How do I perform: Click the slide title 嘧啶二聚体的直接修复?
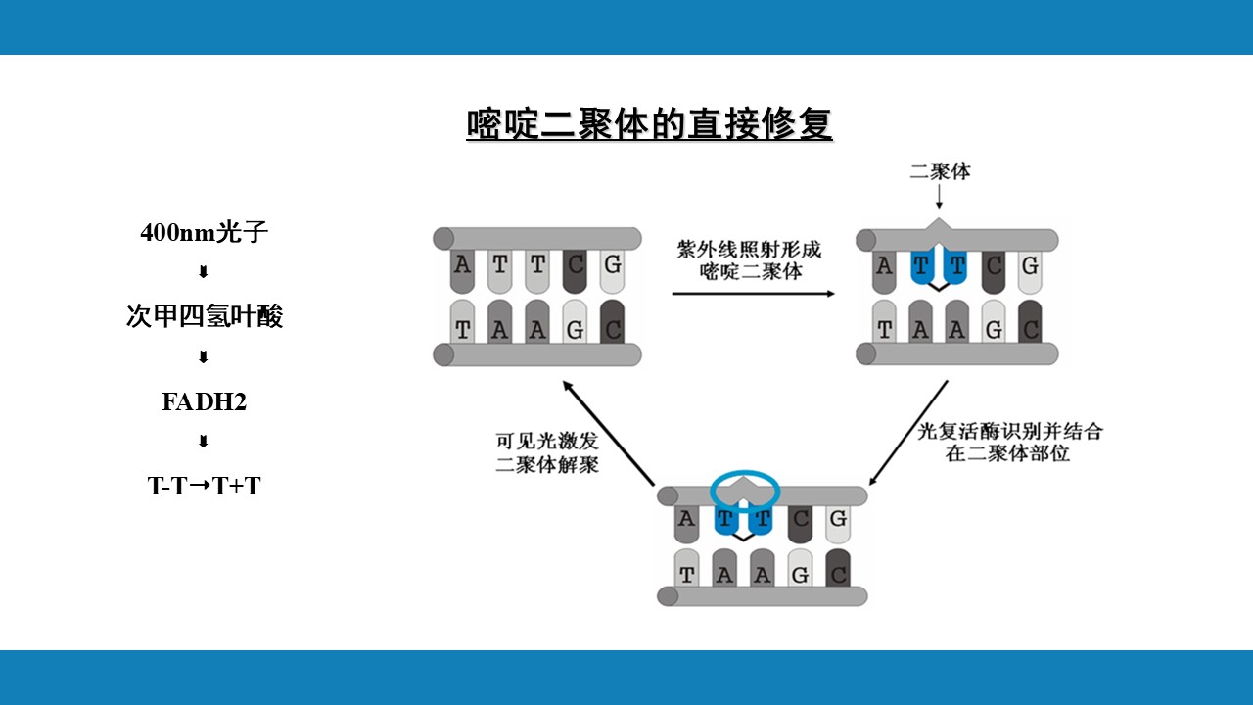click(x=649, y=125)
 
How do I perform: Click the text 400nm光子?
click(x=204, y=233)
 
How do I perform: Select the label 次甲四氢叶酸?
click(x=204, y=316)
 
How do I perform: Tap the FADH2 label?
click(x=204, y=401)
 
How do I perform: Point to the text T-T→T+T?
click(x=204, y=486)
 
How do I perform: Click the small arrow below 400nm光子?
click(x=204, y=272)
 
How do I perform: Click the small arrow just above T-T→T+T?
click(x=204, y=442)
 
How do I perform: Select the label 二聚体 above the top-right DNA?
click(x=940, y=171)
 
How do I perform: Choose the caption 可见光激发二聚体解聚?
click(x=547, y=452)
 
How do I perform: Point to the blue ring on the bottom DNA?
click(x=744, y=487)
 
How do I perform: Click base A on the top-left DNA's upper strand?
click(x=463, y=264)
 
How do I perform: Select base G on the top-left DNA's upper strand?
click(x=612, y=264)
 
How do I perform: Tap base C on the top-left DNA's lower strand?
click(x=612, y=330)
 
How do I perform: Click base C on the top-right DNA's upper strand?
click(x=994, y=265)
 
